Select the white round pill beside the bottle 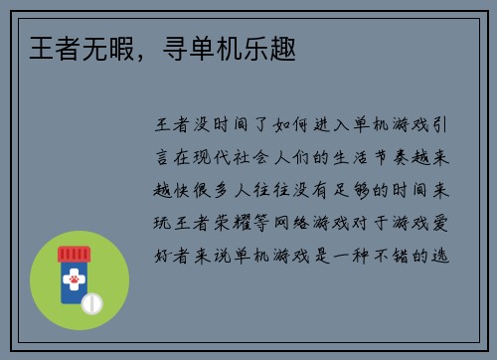[x=91, y=301]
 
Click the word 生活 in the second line [x=359, y=158]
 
